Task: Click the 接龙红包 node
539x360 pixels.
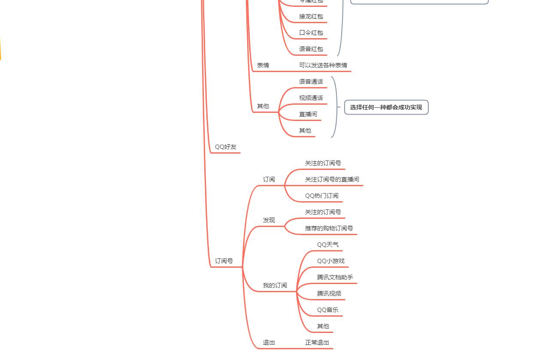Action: (x=311, y=17)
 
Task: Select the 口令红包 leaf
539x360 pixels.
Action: (x=311, y=33)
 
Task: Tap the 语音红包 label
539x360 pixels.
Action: (x=311, y=49)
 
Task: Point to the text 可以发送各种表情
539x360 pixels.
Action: (x=323, y=66)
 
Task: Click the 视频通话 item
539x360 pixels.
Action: (x=311, y=98)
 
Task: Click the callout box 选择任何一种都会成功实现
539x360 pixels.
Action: (x=386, y=107)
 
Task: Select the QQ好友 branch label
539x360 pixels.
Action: (x=226, y=147)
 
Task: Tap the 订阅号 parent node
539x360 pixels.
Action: (x=224, y=261)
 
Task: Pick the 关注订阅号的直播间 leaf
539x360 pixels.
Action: (x=332, y=180)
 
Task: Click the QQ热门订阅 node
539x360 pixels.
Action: (x=322, y=196)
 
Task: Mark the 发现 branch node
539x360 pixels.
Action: (x=269, y=221)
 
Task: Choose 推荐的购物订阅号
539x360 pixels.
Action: (x=329, y=229)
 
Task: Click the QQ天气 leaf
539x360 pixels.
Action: (x=328, y=245)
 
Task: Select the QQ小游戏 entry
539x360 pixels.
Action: (x=331, y=261)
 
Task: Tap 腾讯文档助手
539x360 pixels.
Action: (x=335, y=278)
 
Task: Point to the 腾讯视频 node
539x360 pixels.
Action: (x=329, y=294)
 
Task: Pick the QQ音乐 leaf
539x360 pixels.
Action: (x=328, y=310)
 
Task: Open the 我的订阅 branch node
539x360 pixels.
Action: (x=275, y=286)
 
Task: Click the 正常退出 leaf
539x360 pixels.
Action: (x=317, y=343)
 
